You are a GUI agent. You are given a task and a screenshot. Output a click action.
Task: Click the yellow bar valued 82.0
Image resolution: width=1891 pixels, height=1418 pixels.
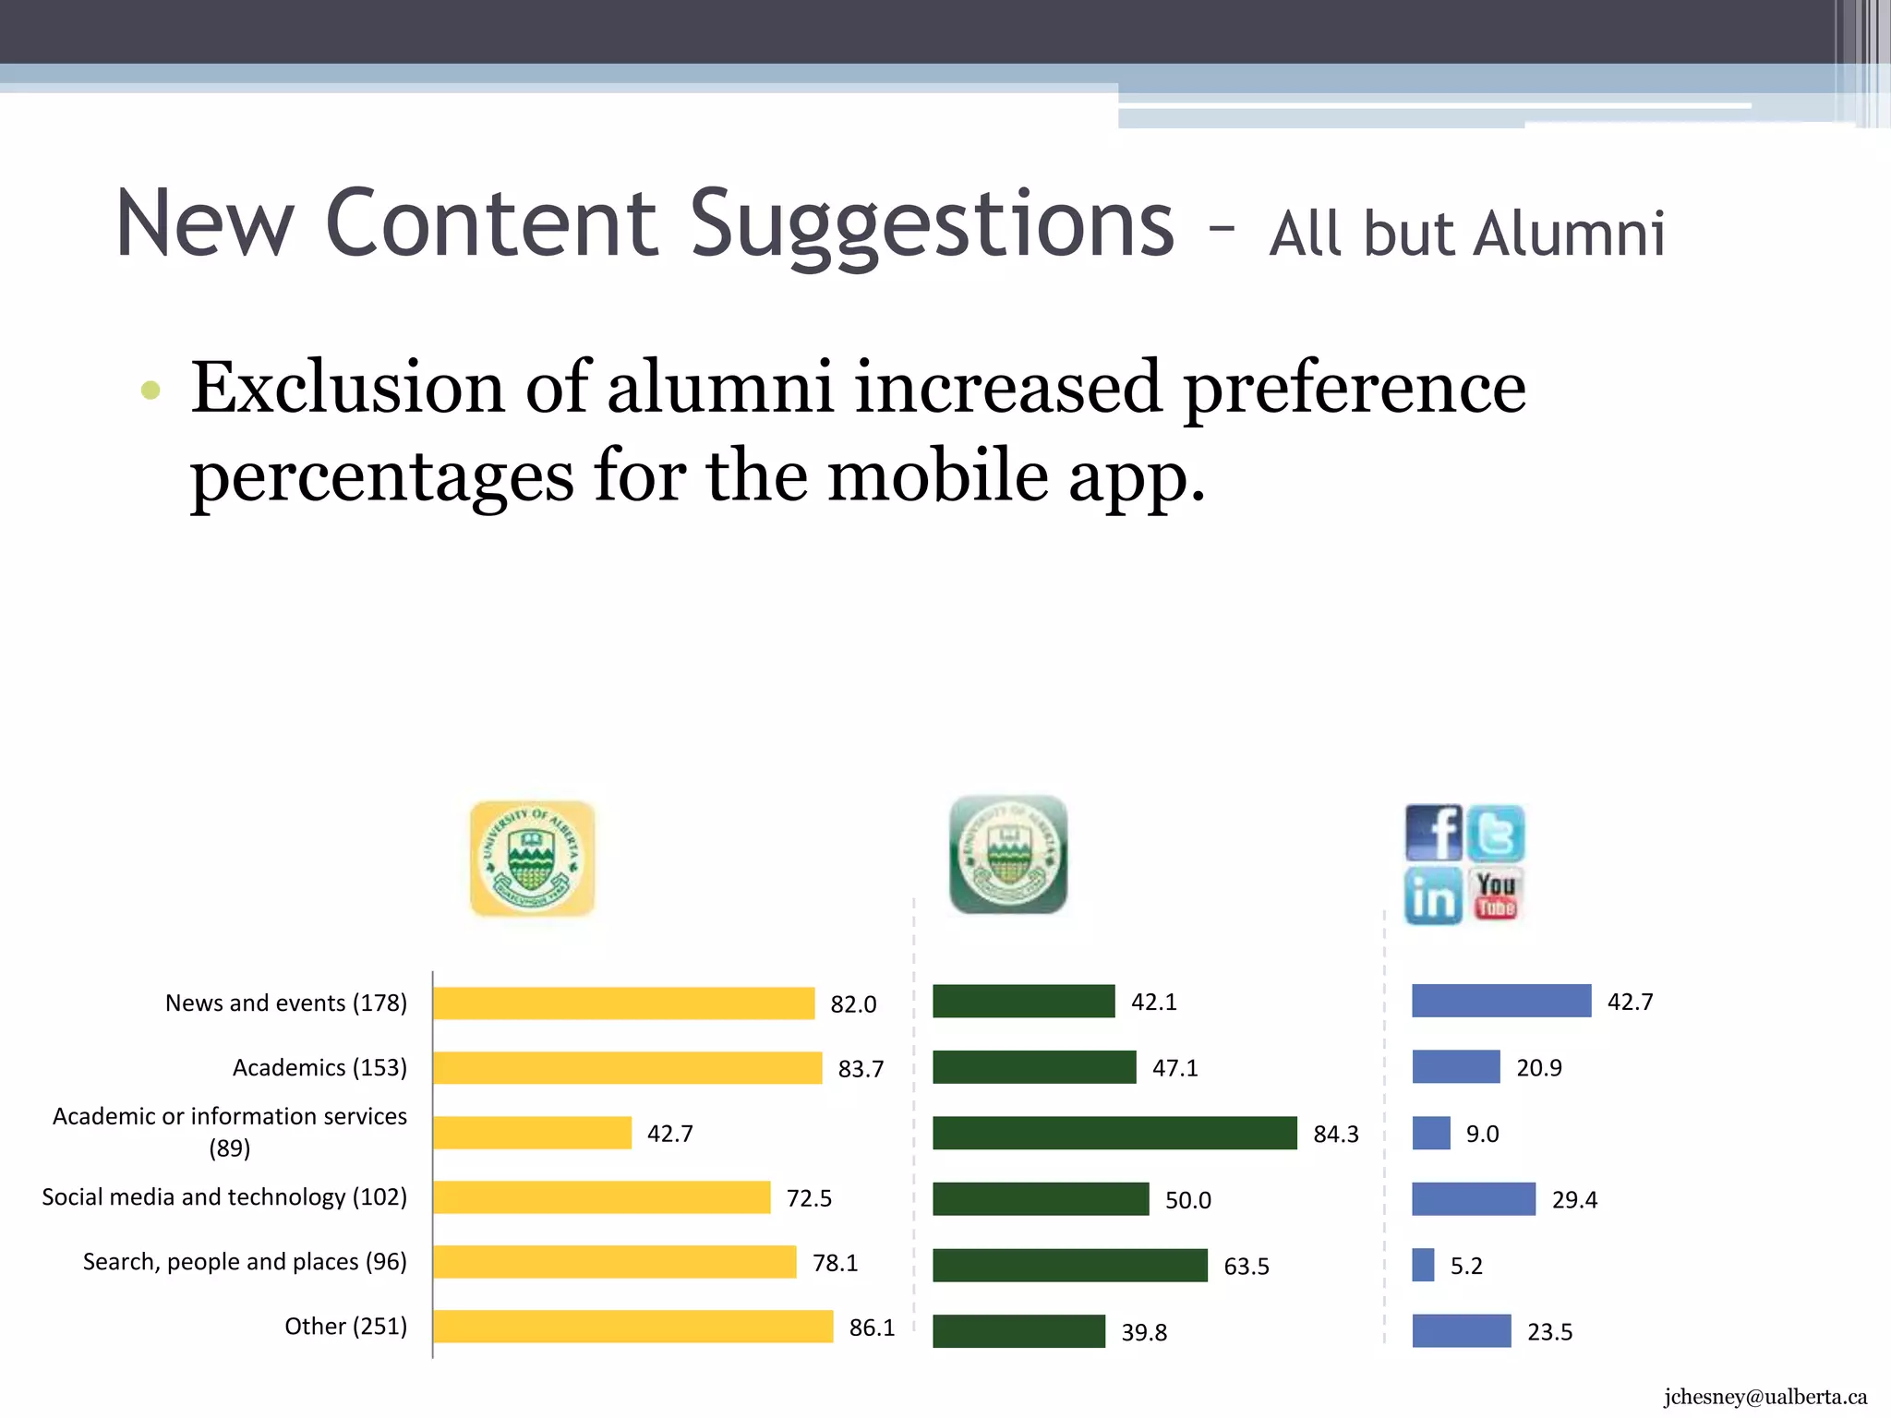623,1003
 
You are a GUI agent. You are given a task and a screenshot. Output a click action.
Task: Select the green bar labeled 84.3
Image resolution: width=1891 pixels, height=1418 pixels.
1114,1133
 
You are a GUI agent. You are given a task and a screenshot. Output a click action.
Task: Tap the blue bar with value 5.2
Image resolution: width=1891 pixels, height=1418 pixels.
1423,1265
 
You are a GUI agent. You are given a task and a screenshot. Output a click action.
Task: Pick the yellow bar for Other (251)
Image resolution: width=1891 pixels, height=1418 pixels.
632,1327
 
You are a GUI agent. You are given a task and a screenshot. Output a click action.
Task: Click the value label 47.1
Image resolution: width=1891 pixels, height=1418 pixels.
1174,1068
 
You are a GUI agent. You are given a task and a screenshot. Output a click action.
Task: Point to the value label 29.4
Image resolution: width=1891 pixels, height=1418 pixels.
1573,1199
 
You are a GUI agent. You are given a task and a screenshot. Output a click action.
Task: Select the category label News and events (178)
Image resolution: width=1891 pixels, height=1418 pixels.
286,1003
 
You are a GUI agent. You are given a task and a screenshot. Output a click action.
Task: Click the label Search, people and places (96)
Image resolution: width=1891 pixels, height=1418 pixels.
245,1261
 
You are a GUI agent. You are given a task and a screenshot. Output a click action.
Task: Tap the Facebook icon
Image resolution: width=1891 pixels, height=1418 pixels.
1433,833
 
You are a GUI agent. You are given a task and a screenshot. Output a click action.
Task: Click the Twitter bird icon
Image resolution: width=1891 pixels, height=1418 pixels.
1496,833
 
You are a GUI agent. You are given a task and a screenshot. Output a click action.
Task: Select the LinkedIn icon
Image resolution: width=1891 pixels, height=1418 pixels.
1433,895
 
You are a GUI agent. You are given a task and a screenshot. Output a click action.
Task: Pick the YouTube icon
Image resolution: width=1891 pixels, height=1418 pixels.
1496,895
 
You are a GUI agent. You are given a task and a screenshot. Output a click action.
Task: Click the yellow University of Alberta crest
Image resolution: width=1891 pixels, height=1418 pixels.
532,859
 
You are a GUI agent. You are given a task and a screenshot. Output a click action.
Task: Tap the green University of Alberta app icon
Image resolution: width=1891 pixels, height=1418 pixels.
1008,855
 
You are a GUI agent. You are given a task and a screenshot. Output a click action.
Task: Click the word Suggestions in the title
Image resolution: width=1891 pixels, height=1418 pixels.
933,224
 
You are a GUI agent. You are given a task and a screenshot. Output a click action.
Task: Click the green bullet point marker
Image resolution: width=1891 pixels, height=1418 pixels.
151,390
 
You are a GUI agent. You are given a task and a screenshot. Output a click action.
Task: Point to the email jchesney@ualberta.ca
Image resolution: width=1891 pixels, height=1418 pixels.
1765,1397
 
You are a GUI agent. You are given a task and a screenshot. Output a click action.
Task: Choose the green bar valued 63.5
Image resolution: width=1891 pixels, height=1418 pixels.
1069,1265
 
